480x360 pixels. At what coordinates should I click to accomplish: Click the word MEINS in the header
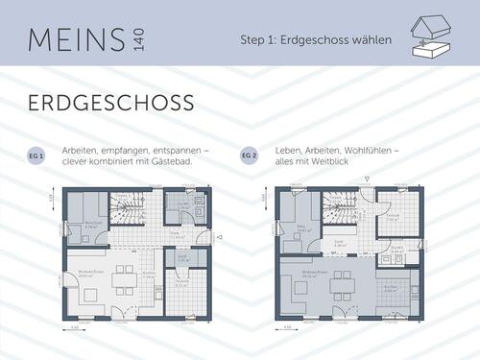[x=76, y=40]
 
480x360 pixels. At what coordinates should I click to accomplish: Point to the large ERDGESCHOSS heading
[x=110, y=103]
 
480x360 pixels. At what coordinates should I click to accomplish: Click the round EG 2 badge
[x=247, y=156]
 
